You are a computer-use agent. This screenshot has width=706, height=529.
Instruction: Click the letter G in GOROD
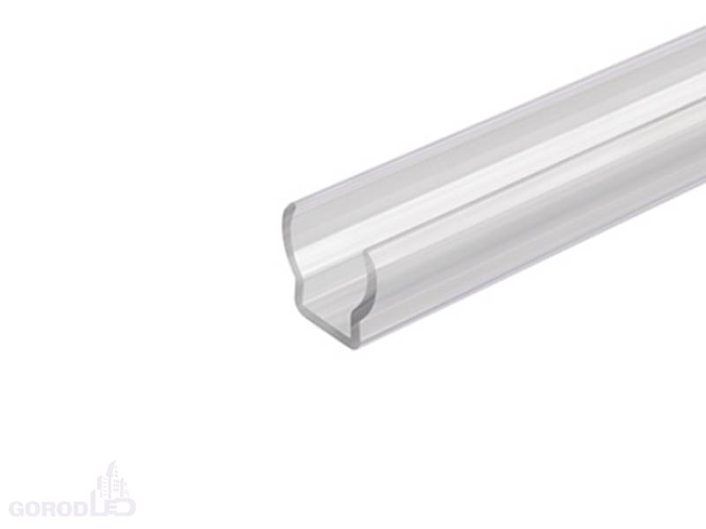coord(17,509)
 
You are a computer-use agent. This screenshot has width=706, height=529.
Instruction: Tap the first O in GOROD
coord(33,509)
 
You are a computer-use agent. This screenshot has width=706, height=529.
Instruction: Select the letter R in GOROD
coord(49,509)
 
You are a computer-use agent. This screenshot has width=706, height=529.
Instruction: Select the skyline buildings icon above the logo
coord(113,479)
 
